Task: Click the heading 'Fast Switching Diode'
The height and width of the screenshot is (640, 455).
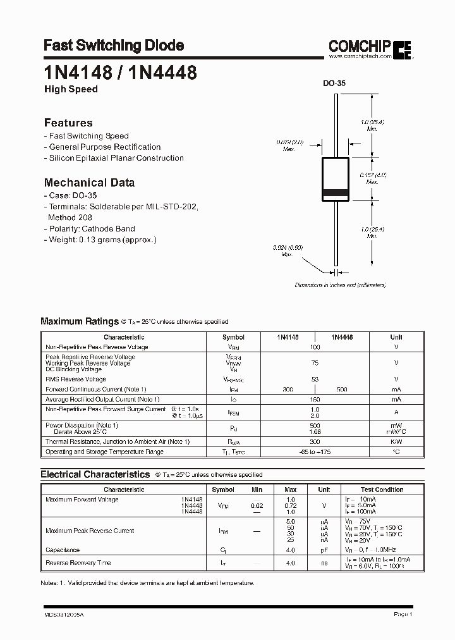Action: coord(114,46)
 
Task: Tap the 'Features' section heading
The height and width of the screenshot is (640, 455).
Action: coord(68,123)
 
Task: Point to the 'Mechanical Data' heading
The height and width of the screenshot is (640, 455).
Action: coord(89,183)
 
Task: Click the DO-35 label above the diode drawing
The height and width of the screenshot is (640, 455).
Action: coord(334,83)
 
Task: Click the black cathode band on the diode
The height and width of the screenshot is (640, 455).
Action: coord(335,192)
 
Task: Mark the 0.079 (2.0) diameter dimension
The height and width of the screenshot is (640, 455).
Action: coord(290,145)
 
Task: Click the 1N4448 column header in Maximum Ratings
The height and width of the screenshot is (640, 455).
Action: coord(341,337)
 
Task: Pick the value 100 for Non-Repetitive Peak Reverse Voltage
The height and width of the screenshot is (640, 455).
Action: coord(315,347)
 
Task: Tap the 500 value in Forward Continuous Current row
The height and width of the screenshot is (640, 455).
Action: coord(342,390)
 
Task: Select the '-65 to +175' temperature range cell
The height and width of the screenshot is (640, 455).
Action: coord(315,452)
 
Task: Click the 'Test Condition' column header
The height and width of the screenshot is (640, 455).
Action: coord(382,489)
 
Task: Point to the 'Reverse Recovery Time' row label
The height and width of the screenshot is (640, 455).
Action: coord(78,563)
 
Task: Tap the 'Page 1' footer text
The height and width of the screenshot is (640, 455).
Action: coord(403,614)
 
